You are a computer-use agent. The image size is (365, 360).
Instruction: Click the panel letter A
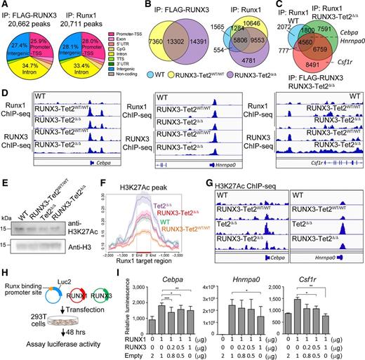click(4, 6)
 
